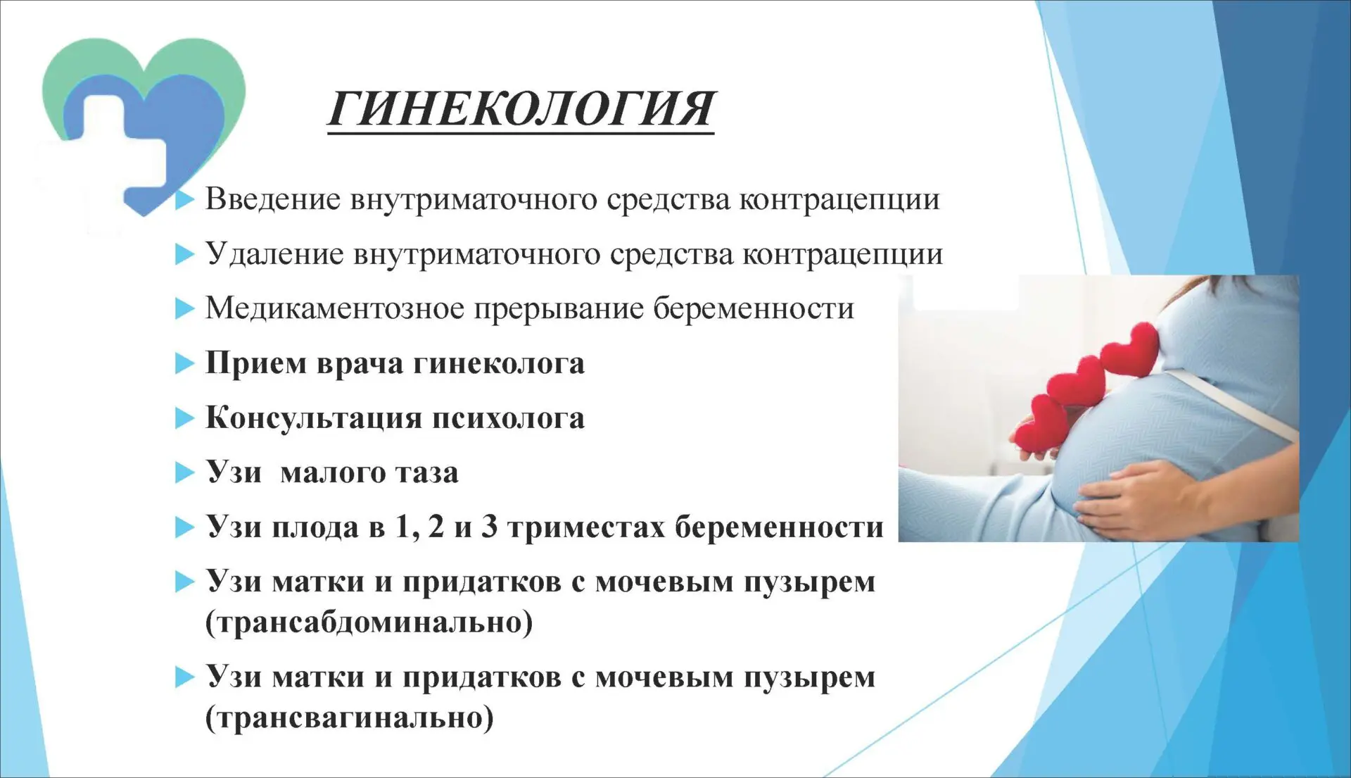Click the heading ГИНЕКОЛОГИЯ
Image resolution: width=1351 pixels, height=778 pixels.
[x=521, y=108]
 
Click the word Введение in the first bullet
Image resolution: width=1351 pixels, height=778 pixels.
[x=273, y=199]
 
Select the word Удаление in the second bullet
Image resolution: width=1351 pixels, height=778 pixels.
[x=274, y=253]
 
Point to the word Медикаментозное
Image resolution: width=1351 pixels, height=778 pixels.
[x=335, y=308]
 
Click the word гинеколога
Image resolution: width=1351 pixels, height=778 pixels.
[x=499, y=363]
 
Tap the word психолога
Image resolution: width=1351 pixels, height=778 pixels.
[x=508, y=418]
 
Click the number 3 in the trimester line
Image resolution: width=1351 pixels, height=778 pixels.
[x=489, y=527]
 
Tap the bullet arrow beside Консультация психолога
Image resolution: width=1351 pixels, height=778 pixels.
[x=184, y=418]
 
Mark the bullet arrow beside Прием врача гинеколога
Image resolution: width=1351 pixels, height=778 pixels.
[x=184, y=363]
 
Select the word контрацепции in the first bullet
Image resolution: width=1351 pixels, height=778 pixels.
[x=839, y=199]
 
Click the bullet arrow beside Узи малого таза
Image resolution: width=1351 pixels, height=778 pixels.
[x=184, y=472]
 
